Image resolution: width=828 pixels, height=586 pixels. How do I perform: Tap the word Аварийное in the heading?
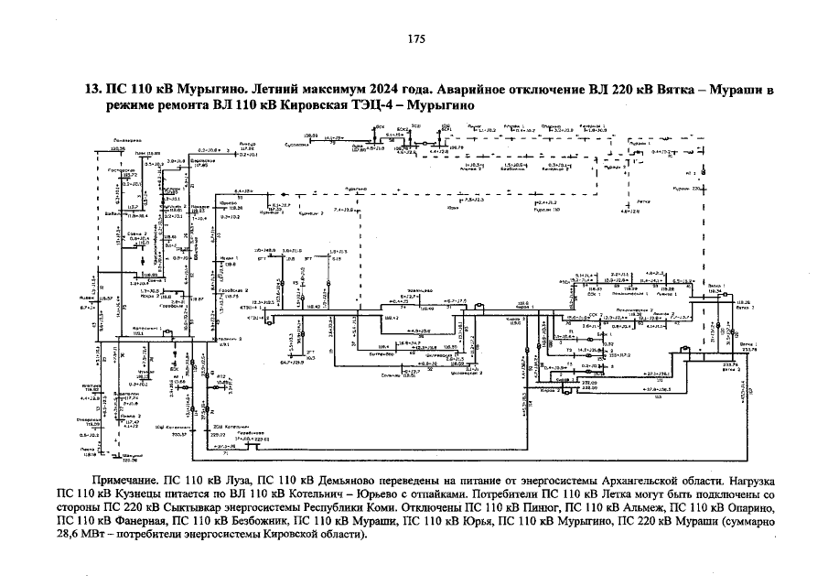coord(435,91)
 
